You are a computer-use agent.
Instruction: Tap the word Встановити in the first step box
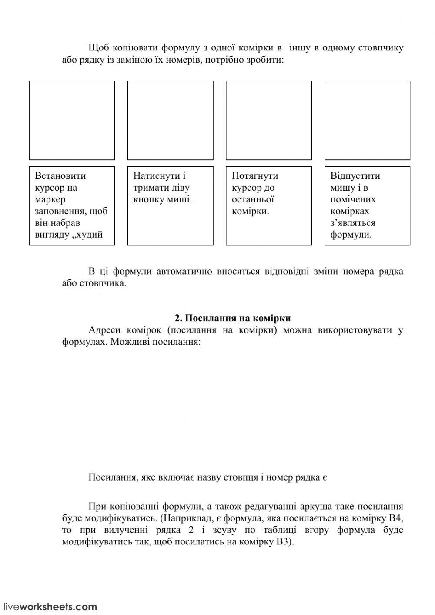[60, 176]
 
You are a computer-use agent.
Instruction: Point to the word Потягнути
[255, 176]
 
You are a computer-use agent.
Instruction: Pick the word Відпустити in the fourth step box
[355, 176]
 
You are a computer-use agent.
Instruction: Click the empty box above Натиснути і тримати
[170, 120]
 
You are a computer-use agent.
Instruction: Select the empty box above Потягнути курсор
[269, 120]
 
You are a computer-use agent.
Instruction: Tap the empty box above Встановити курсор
[72, 120]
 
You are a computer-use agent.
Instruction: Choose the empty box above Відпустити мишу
[367, 120]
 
